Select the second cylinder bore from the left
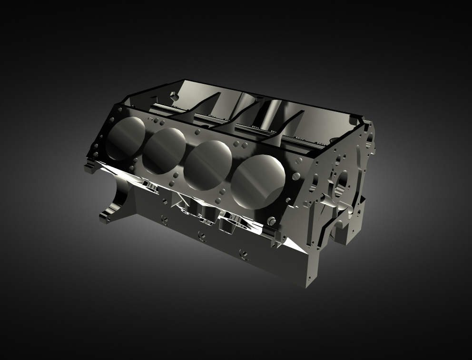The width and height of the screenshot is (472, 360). pyautogui.click(x=164, y=150)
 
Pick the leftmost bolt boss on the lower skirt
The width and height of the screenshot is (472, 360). pyautogui.click(x=165, y=219)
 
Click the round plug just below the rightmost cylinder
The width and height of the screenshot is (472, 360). pyautogui.click(x=272, y=221)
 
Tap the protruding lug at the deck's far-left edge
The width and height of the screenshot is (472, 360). pyautogui.click(x=88, y=166)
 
